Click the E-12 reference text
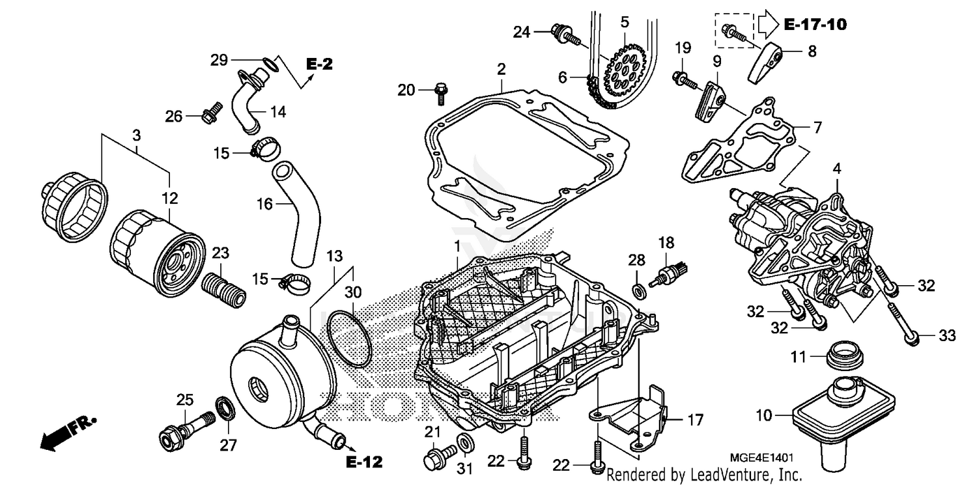(x=363, y=462)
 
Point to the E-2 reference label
(x=319, y=64)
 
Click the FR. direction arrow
(x=65, y=432)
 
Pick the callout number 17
(x=695, y=420)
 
